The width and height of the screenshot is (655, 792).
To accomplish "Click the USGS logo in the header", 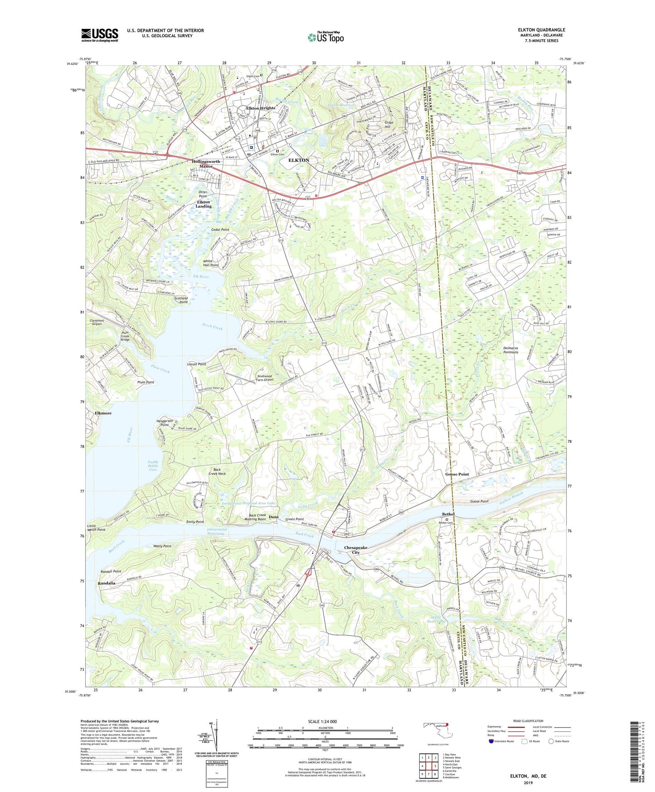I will pos(100,35).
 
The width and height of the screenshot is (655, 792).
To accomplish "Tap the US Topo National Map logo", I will pos(325,37).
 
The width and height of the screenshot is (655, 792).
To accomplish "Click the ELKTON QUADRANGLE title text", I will pos(541,30).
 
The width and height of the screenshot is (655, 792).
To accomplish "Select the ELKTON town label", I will pos(299,161).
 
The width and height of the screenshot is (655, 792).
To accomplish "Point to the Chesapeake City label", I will pos(358,550).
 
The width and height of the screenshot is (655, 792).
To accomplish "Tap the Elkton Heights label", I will pos(261,108).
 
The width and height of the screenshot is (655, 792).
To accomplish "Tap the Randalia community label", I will pos(106,583).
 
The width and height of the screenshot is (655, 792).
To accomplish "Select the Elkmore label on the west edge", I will pos(103,413).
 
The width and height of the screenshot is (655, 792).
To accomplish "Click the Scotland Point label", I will pos(181,300).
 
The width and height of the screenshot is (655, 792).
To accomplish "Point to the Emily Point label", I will pos(195,522).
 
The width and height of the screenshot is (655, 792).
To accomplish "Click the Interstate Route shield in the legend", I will pos(491,741).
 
